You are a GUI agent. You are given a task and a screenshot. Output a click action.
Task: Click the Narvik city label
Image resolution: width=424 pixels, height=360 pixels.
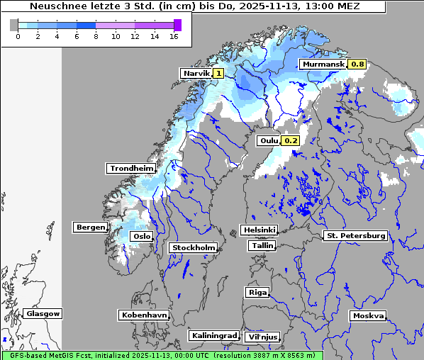point(196,73)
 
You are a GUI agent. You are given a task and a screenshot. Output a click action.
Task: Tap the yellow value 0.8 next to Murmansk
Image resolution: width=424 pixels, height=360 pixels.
point(357,64)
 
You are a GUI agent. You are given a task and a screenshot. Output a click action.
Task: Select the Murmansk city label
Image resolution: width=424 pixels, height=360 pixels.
point(323,64)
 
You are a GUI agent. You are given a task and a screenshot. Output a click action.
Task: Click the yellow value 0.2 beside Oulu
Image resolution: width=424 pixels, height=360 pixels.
point(291,141)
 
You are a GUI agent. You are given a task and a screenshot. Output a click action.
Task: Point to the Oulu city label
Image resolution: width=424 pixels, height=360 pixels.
point(269,141)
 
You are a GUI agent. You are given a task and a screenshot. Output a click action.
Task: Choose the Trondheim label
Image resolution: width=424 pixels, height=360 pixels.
point(131,168)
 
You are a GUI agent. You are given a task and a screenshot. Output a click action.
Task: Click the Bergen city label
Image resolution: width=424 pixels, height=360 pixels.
point(90,227)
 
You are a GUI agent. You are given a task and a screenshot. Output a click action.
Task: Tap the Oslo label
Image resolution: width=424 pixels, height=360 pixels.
point(142,236)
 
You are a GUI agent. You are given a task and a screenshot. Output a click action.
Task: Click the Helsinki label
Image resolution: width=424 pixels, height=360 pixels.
point(259,230)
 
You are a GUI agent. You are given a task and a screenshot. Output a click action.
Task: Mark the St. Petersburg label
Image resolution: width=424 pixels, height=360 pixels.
point(355,235)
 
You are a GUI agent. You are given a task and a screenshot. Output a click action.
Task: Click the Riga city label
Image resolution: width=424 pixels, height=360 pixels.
point(257,292)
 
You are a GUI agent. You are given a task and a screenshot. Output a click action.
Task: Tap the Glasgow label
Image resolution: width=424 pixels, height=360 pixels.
point(43,313)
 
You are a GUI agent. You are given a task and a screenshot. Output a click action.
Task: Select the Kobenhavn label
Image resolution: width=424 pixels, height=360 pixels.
point(144,315)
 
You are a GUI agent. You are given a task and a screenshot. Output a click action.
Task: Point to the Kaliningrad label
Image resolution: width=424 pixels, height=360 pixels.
point(213,335)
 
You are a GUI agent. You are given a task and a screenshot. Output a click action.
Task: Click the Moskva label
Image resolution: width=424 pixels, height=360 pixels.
point(368,315)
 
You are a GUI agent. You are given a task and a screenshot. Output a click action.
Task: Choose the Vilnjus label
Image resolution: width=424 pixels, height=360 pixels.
point(262,337)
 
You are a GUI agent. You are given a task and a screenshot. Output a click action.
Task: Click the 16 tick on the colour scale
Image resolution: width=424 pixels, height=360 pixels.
point(174,36)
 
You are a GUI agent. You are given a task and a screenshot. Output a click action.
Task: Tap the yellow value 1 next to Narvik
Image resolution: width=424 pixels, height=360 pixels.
point(218,73)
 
